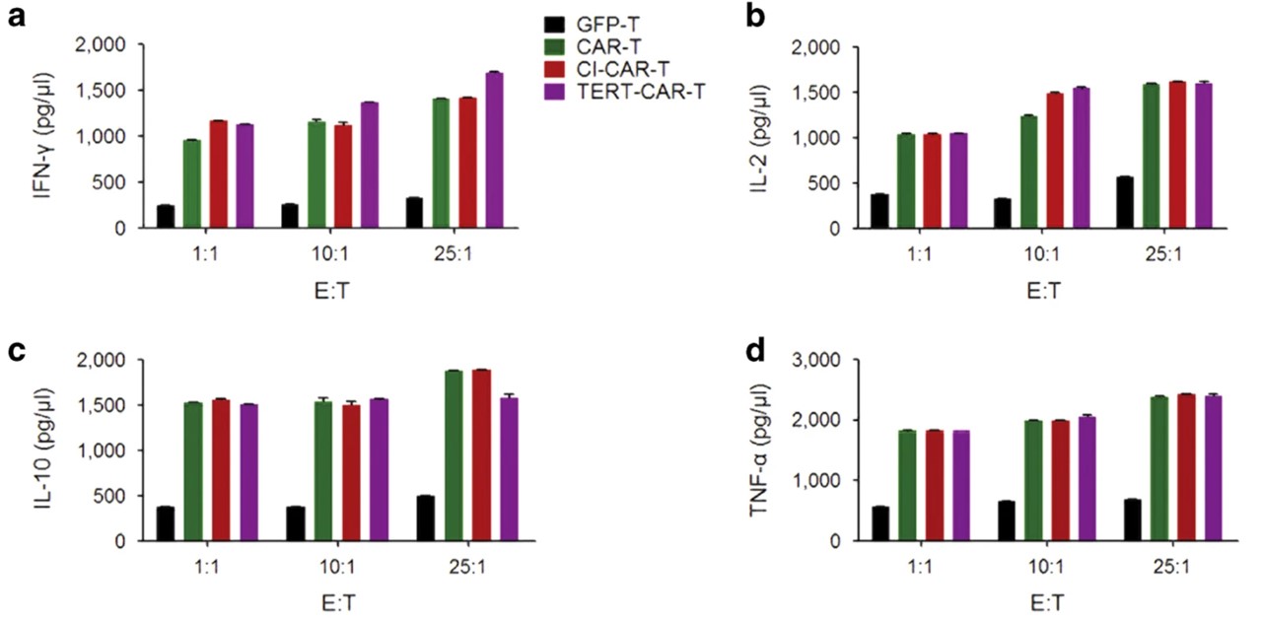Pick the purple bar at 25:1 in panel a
tap(494, 150)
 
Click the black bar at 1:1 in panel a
tap(166, 217)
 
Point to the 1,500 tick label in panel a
tap(105, 91)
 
